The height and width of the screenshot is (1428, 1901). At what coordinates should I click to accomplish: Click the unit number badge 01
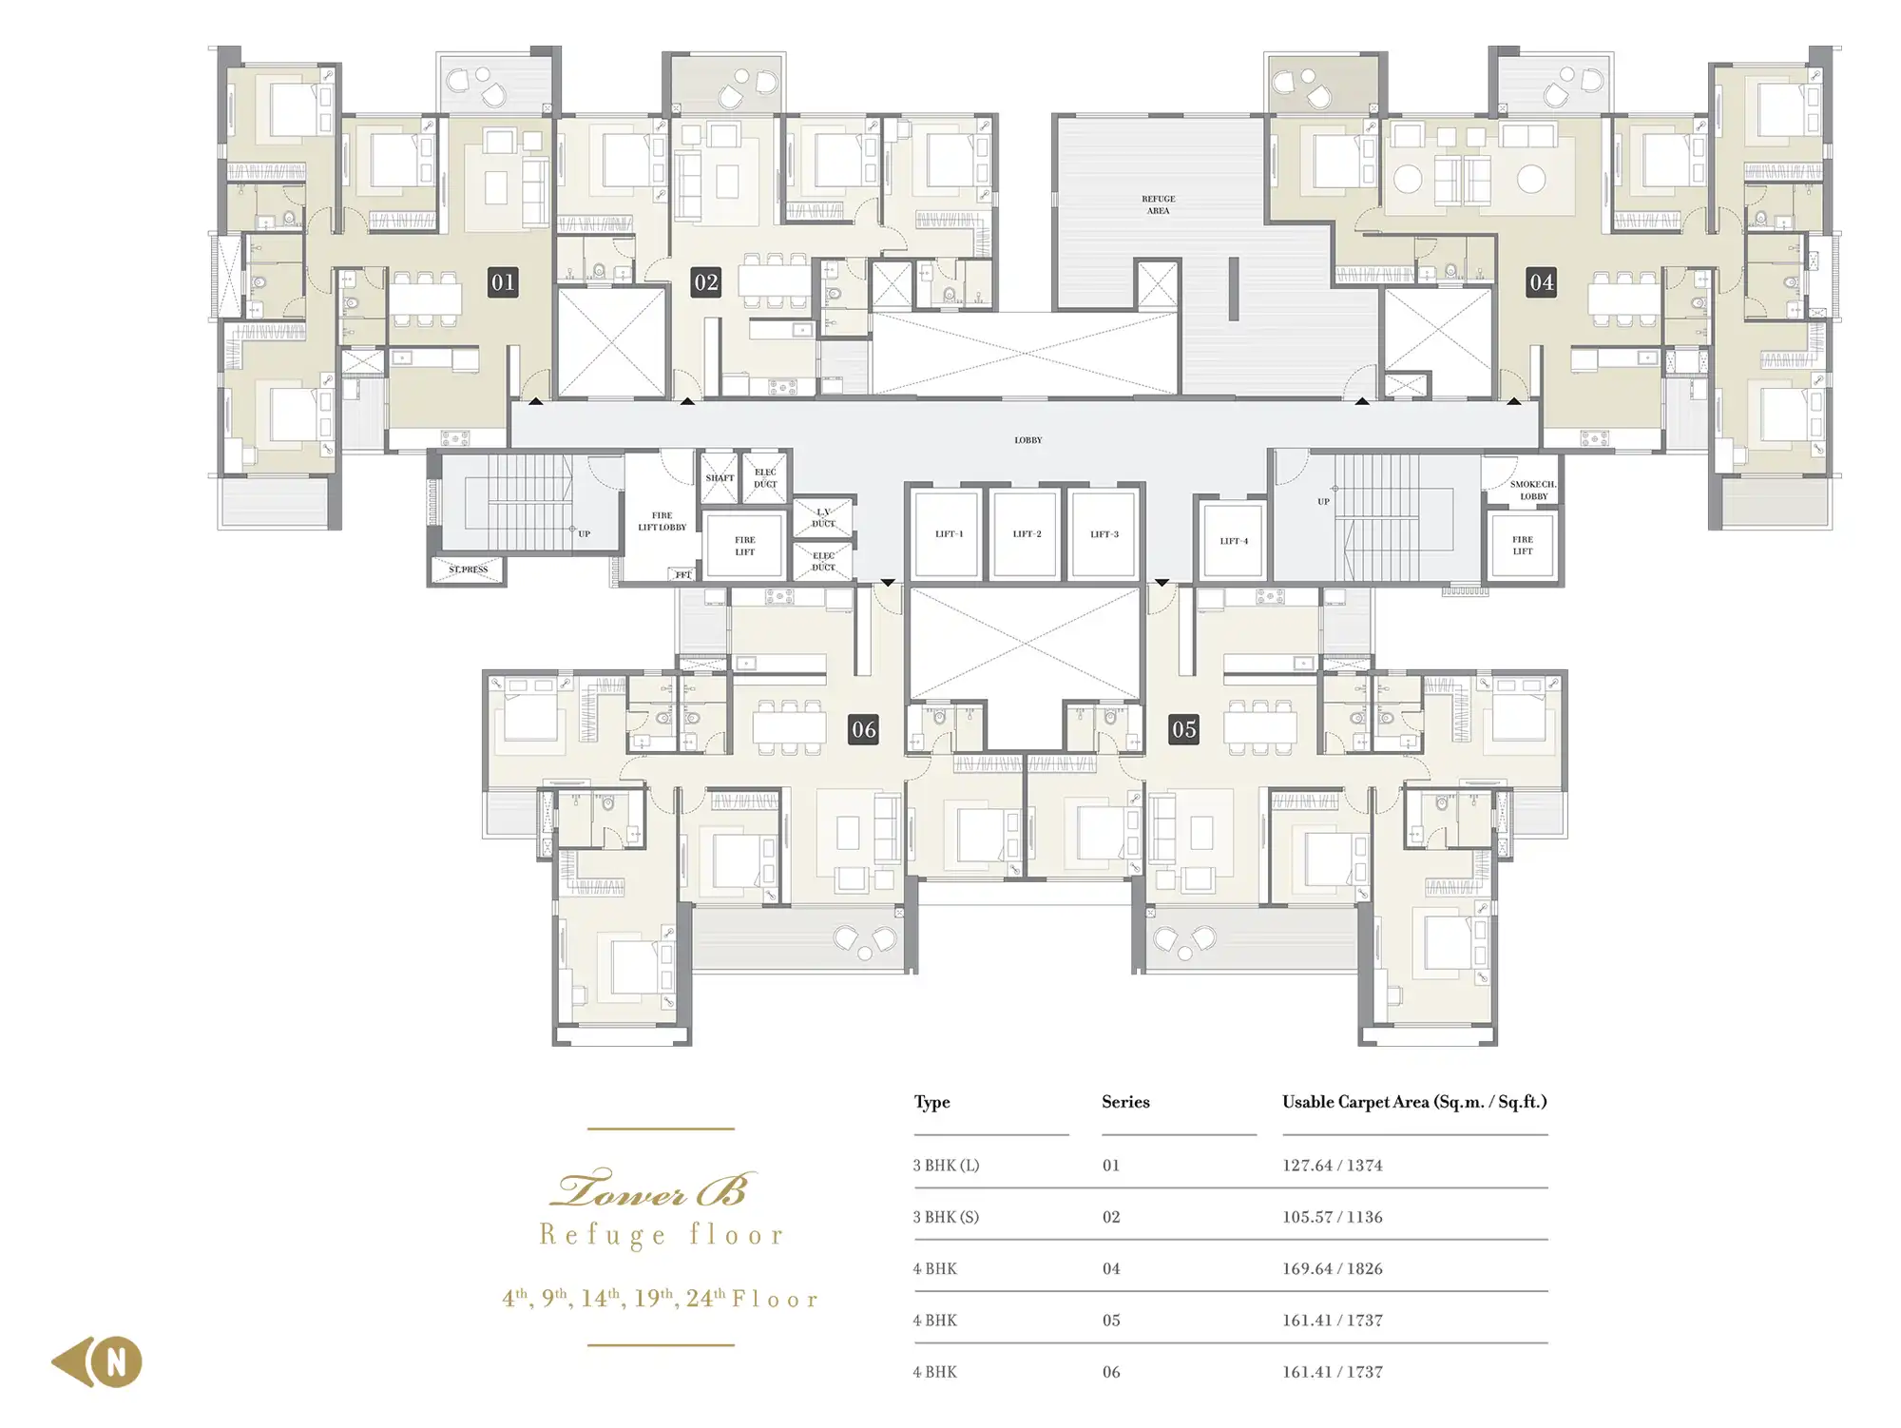click(x=503, y=282)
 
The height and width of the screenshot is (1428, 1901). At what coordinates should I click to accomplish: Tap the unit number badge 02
click(x=705, y=282)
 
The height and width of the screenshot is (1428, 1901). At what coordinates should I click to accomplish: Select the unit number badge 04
click(x=1541, y=282)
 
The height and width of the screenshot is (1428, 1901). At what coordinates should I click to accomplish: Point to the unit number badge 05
click(x=1183, y=729)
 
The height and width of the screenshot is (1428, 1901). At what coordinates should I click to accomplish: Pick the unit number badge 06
click(x=863, y=729)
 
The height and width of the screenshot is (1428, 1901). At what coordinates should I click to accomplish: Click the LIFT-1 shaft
click(x=948, y=534)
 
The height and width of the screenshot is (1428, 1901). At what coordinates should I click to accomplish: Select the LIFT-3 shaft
click(x=1104, y=534)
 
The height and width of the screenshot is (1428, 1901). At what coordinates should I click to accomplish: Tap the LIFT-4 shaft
click(x=1234, y=541)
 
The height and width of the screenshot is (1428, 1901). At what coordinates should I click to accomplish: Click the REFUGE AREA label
click(x=1158, y=205)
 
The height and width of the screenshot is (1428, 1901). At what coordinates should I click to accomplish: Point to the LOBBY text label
click(x=1027, y=440)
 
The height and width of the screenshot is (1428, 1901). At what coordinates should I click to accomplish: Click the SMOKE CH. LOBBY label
click(x=1533, y=491)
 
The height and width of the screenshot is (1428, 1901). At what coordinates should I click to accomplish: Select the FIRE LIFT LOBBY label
click(x=662, y=521)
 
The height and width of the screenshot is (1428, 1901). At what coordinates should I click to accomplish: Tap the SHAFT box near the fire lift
click(x=720, y=478)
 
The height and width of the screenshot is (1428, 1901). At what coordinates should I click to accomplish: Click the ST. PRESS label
click(x=468, y=569)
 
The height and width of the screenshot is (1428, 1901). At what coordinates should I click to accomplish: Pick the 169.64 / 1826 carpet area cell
click(x=1332, y=1269)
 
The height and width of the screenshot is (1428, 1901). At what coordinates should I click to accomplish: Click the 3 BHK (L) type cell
click(x=946, y=1166)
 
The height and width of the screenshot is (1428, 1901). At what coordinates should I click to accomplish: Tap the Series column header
click(x=1125, y=1102)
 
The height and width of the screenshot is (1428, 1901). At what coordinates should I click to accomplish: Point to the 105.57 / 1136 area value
click(x=1332, y=1217)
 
